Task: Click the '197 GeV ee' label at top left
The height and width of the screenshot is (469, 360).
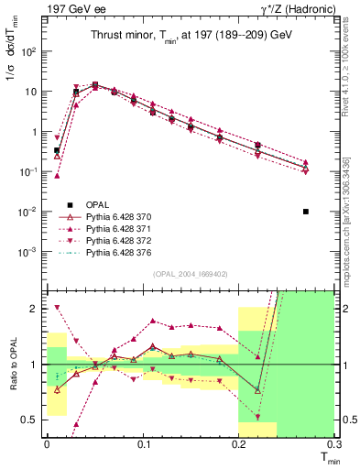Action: pyautogui.click(x=71, y=8)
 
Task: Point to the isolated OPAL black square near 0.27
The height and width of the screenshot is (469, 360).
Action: pyautogui.click(x=306, y=212)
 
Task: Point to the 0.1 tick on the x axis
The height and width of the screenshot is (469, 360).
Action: pyautogui.click(x=143, y=444)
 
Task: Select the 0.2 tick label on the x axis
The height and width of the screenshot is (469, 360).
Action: pyautogui.click(x=238, y=444)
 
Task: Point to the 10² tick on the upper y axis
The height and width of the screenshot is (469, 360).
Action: pyautogui.click(x=27, y=51)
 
